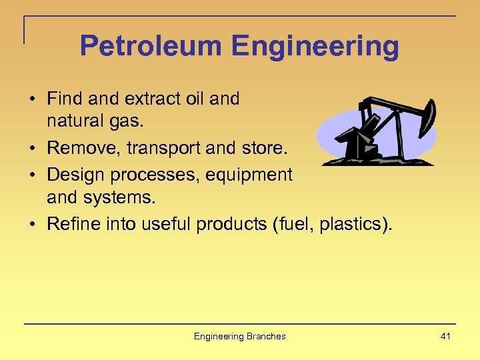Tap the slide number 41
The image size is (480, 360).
(x=445, y=336)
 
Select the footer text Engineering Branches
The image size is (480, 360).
(x=239, y=336)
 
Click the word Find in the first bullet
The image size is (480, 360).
(x=64, y=99)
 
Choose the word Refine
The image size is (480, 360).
(x=73, y=224)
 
